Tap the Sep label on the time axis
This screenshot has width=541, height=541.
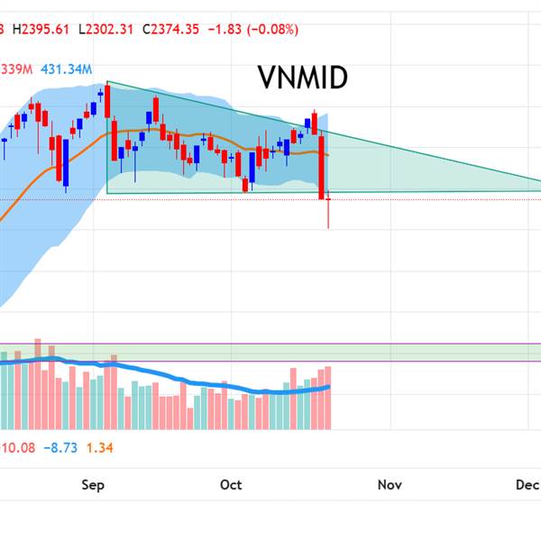(x=93, y=485)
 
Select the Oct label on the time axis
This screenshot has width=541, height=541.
(x=231, y=485)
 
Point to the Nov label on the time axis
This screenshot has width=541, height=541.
(x=390, y=485)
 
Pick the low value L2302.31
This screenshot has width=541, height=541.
(x=106, y=29)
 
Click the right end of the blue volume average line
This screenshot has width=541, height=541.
(x=329, y=386)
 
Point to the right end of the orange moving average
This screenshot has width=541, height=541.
(x=327, y=155)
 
